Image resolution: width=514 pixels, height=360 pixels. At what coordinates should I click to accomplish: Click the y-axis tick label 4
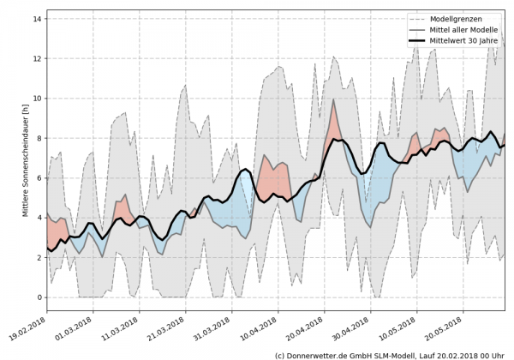click(x=39, y=218)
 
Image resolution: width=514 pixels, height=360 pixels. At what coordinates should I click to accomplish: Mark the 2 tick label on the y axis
click(x=39, y=258)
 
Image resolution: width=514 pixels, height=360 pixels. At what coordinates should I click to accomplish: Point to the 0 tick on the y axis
click(x=39, y=297)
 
